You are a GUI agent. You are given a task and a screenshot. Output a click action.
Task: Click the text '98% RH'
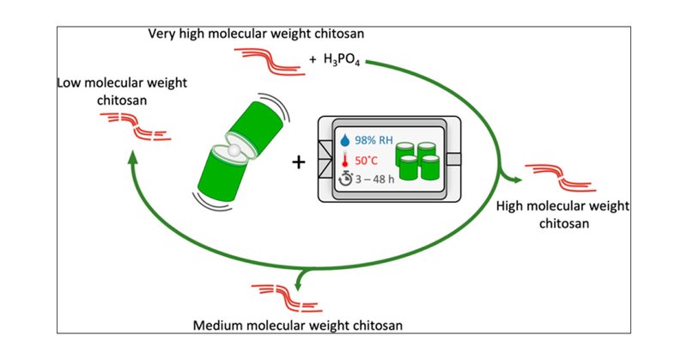pyautogui.click(x=376, y=139)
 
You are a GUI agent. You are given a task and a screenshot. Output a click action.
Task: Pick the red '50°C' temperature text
pyautogui.click(x=371, y=160)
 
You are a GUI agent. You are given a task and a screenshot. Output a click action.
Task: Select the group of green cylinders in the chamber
pyautogui.click(x=420, y=160)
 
